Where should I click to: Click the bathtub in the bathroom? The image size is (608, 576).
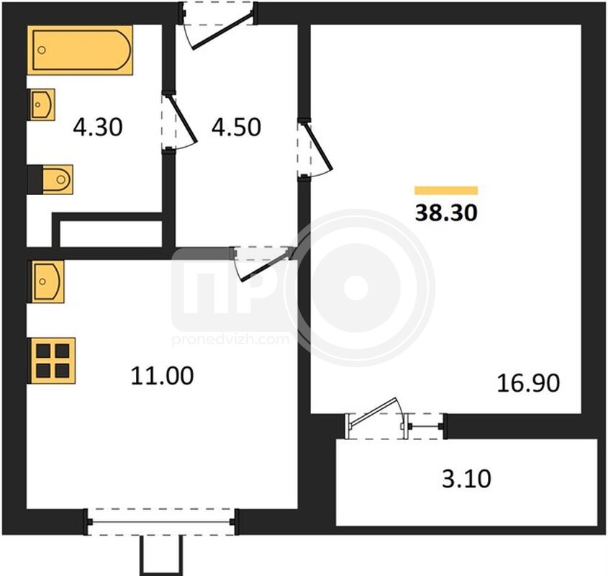(x=81, y=50)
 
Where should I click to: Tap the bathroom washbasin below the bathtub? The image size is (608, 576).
(x=41, y=104)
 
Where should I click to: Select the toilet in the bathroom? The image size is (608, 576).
(x=50, y=179)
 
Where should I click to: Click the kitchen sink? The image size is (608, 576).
(x=46, y=282)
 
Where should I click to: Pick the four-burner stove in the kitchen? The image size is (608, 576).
(x=52, y=361)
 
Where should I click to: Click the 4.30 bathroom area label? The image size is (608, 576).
(x=98, y=127)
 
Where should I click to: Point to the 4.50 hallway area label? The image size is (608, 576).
(x=236, y=127)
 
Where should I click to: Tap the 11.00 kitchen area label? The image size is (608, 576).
(x=162, y=376)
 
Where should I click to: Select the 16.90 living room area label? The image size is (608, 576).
(x=528, y=383)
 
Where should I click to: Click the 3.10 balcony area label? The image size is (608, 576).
(x=466, y=479)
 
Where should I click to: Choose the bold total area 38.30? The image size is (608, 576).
(x=446, y=213)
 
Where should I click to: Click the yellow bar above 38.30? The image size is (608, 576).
(x=446, y=190)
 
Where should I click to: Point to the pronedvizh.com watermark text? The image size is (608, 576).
(x=230, y=339)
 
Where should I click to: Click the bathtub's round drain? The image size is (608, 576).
(x=42, y=50)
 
